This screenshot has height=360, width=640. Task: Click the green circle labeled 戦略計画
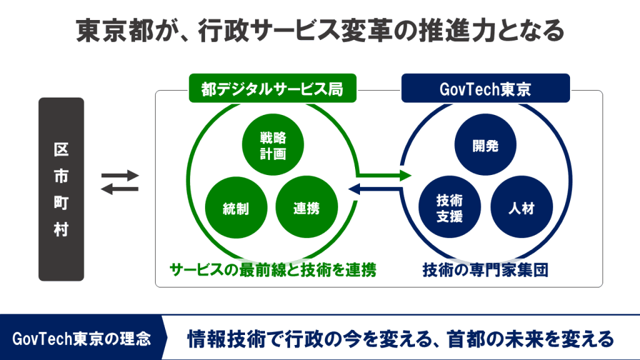pos(272,145)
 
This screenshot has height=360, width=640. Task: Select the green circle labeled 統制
pos(236,207)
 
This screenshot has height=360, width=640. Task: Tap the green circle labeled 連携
pos(307,207)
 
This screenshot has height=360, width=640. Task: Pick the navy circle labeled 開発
pos(485,145)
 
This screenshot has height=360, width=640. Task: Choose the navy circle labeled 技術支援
pos(449,207)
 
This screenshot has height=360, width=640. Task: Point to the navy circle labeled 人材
pos(522,207)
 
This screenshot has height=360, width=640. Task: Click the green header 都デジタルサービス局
pos(272,88)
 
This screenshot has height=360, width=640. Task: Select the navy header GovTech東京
pos(486,88)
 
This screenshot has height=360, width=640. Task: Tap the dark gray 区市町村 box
pos(61,189)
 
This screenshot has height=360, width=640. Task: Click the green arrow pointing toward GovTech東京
pos(384,176)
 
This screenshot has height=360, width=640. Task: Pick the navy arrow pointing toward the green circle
pos(375,189)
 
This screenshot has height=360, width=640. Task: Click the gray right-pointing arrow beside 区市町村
pos(120,176)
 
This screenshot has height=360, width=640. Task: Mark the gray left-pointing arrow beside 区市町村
pos(120,189)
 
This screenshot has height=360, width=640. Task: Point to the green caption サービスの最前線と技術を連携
pos(272,270)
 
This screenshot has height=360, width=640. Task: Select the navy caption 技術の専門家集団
pos(485,270)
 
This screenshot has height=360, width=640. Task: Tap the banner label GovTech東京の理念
pos(81,339)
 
